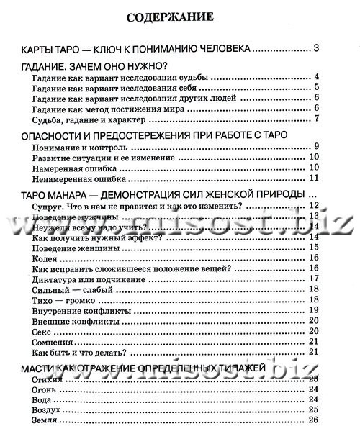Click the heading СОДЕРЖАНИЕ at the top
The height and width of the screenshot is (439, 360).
tap(180, 17)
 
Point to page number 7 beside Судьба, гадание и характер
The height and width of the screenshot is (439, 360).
tap(316, 119)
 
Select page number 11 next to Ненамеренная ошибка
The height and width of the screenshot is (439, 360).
tap(314, 178)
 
